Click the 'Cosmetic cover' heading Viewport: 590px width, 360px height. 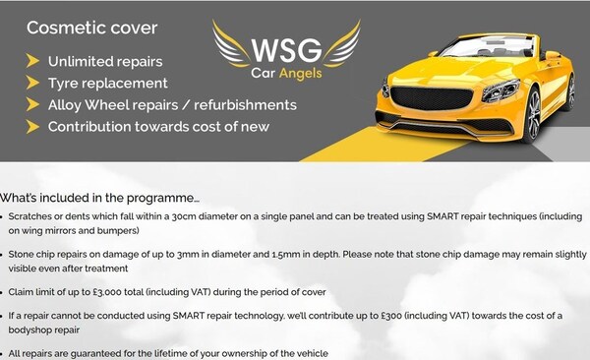(92, 28)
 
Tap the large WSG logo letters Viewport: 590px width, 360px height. (287, 50)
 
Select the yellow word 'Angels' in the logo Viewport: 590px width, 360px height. (301, 74)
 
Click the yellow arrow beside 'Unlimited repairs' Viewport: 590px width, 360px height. (32, 61)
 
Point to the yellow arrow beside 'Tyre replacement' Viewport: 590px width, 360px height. (32, 83)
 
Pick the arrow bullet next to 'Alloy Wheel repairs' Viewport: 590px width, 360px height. (32, 104)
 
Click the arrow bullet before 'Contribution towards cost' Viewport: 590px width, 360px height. (32, 127)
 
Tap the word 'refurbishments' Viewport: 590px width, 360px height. (245, 105)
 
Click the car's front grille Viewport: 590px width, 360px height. (432, 98)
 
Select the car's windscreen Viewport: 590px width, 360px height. (489, 46)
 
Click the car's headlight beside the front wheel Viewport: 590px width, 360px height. (501, 90)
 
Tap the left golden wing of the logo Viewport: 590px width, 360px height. (229, 44)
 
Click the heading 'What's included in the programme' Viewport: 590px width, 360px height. (99, 198)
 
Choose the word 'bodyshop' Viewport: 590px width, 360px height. (26, 330)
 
